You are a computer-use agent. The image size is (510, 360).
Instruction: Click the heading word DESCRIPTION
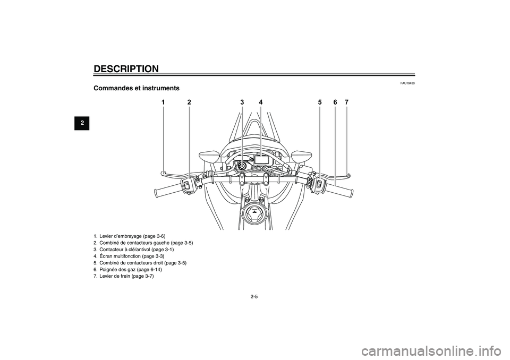coord(126,69)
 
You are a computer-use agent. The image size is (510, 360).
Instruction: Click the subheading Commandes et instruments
coord(137,88)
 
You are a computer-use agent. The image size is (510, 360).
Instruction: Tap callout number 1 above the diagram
coord(163,102)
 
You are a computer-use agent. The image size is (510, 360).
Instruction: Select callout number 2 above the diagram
coord(189,102)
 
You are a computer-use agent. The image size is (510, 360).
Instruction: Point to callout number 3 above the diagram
coord(242,102)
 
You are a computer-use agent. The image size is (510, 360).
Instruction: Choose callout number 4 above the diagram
coord(261,102)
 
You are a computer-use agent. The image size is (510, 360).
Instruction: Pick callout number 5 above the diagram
coord(320,102)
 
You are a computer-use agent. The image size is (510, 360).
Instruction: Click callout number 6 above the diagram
coord(335,102)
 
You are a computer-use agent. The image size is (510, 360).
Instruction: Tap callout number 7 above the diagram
coord(347,102)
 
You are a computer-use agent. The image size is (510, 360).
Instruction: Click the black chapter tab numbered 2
coord(82,123)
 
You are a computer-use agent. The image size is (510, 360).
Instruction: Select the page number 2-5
coord(254,296)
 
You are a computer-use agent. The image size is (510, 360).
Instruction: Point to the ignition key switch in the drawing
coord(242,166)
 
